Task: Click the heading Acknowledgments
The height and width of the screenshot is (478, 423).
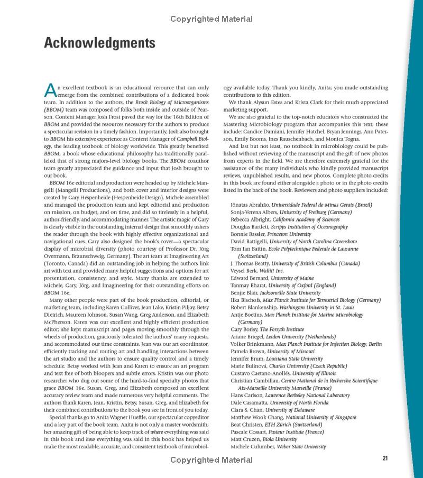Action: pyautogui.click(x=99, y=43)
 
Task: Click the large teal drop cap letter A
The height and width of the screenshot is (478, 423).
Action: pyautogui.click(x=50, y=90)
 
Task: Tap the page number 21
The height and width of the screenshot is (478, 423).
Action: pyautogui.click(x=385, y=458)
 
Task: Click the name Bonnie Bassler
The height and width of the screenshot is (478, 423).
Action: pyautogui.click(x=248, y=234)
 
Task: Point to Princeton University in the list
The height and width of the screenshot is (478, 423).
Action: pyautogui.click(x=289, y=234)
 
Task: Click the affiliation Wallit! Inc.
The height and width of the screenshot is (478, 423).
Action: pyautogui.click(x=276, y=271)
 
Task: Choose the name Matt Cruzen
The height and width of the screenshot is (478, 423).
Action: pyautogui.click(x=245, y=439)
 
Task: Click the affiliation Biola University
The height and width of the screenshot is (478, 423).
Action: pyautogui.click(x=279, y=439)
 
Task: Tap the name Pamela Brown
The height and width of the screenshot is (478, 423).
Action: pyautogui.click(x=247, y=351)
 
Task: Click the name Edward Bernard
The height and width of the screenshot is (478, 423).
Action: pyautogui.click(x=250, y=278)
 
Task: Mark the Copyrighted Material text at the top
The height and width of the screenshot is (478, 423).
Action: pyautogui.click(x=212, y=19)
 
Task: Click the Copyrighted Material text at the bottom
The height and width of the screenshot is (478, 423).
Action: pyautogui.click(x=212, y=460)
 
